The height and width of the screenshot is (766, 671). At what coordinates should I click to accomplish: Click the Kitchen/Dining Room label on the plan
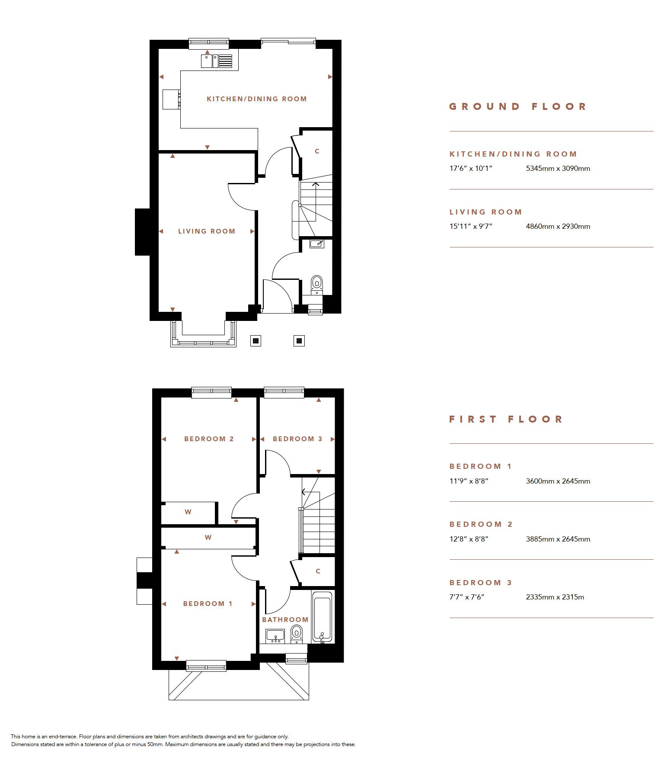coord(257,99)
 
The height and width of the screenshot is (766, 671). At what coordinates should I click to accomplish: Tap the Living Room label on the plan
coord(207,231)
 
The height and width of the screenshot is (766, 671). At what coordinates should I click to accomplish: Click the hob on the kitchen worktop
coord(172,99)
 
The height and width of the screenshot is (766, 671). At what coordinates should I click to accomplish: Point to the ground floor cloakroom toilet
coord(317,284)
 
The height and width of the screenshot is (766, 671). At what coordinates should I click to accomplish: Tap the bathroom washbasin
coord(275,636)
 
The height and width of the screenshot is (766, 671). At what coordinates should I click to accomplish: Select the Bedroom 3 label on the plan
coord(297,439)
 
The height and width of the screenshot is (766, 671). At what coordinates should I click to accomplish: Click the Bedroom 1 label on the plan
coord(208,604)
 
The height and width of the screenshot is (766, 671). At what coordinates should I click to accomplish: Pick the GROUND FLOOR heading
coord(518,106)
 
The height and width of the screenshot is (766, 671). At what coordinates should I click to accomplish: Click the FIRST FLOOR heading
coord(506,419)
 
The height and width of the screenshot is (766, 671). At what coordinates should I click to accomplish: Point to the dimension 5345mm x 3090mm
coord(558,169)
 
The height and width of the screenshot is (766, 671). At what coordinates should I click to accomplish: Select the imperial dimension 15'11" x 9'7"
coord(471,226)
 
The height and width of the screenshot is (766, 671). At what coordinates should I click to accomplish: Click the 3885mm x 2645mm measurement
coord(558,539)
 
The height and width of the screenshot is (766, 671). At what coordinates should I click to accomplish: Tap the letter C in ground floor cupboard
coord(317,151)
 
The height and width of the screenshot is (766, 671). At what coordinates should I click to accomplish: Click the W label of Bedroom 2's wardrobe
coord(188,512)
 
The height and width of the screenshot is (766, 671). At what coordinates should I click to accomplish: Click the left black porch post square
coord(256,341)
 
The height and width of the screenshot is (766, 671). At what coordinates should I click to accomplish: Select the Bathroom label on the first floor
coord(285,620)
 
